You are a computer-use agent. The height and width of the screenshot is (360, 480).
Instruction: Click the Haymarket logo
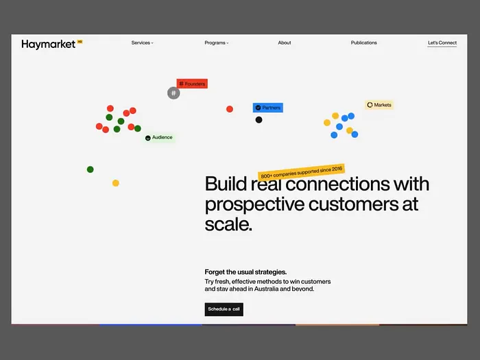(48, 44)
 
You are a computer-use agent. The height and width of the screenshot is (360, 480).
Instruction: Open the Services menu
(142, 43)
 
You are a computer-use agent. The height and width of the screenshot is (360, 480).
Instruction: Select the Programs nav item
(216, 43)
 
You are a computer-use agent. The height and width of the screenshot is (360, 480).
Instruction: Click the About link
(285, 43)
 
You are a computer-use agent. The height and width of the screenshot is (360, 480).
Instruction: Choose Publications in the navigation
(363, 43)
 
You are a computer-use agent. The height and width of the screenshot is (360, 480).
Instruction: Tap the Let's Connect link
(442, 43)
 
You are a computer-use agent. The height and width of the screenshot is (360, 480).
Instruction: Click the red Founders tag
(192, 84)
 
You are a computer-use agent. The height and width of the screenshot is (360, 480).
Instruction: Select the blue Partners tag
(267, 108)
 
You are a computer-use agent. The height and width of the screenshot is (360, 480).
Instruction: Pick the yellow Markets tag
(379, 105)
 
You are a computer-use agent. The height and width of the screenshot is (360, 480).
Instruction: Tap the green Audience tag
(159, 138)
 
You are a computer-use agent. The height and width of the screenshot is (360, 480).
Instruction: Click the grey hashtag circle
(173, 93)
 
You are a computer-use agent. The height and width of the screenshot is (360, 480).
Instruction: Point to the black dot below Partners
(259, 120)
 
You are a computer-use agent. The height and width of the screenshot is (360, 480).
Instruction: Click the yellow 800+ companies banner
(302, 172)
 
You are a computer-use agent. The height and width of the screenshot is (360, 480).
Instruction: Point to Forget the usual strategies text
(245, 272)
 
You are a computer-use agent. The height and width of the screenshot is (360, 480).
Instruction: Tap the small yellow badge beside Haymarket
(80, 41)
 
